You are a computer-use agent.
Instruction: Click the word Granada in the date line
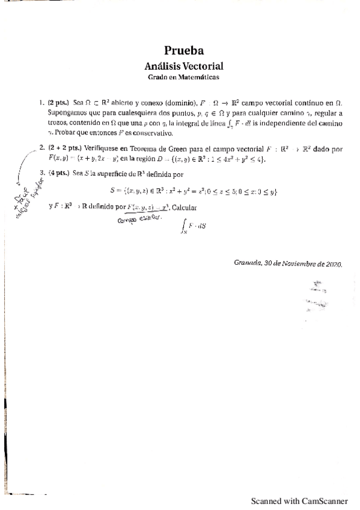[x=246, y=263]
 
